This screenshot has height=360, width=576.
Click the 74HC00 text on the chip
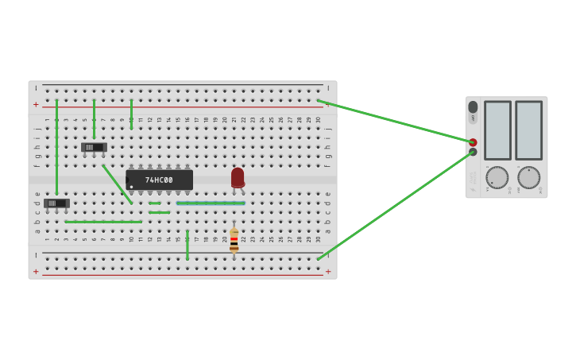tap(159, 180)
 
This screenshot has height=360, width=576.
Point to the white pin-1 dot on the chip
tap(131, 187)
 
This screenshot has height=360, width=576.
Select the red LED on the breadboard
tap(238, 177)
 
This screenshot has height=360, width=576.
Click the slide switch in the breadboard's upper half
tap(94, 147)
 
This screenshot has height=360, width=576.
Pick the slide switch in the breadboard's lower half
tap(56, 203)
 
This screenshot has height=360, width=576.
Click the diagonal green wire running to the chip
tap(118, 184)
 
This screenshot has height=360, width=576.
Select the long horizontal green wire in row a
tap(103, 222)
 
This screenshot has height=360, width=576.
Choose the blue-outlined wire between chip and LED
tap(211, 203)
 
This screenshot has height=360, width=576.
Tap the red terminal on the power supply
tap(473, 142)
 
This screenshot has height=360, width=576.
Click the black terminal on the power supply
tap(473, 152)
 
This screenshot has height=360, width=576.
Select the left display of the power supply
tap(497, 130)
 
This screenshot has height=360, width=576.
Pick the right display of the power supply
tap(528, 130)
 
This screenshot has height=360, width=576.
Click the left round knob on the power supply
tap(497, 177)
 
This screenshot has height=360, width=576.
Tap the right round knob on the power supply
tap(528, 177)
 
